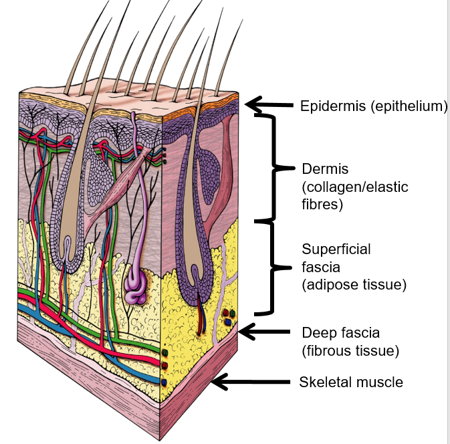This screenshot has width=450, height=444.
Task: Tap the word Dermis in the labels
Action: point(322,169)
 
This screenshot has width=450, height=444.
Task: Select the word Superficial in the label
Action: point(336,249)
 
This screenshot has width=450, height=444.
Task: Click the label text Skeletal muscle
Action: point(351,382)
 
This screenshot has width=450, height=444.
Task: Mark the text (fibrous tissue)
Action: point(350,350)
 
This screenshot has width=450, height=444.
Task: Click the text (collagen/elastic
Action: point(355,187)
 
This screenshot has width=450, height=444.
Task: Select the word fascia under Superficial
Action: point(320,267)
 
